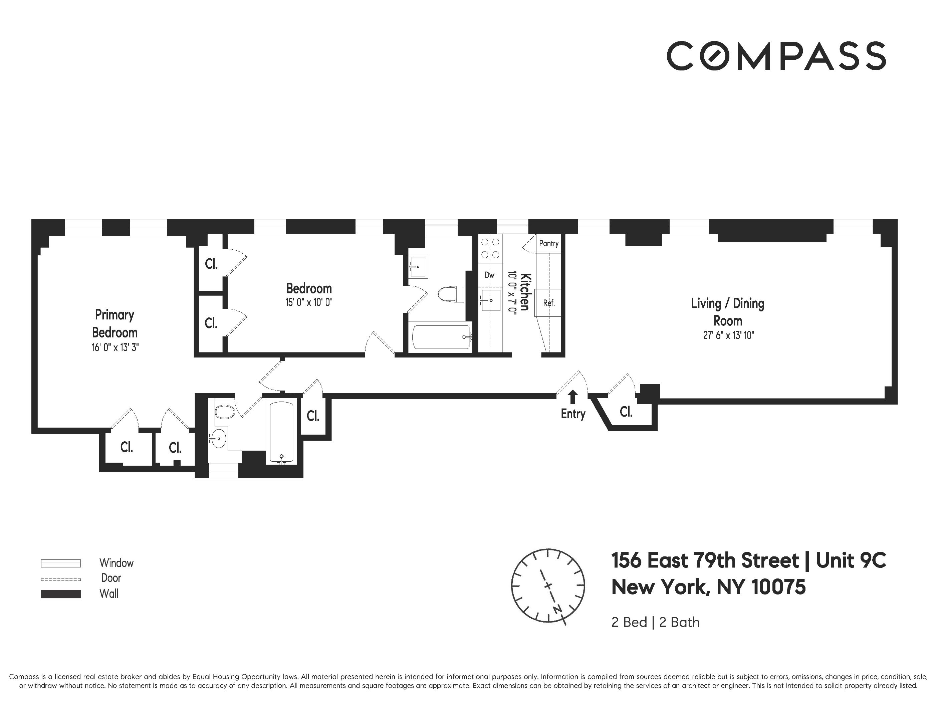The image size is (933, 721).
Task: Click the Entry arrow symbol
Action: [x=572, y=397]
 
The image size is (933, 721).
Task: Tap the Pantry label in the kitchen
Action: [x=548, y=243]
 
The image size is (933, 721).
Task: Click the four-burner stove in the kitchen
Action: [x=490, y=249]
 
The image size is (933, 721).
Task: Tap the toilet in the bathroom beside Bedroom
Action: [x=451, y=294]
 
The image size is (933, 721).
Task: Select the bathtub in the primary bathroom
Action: [x=281, y=431]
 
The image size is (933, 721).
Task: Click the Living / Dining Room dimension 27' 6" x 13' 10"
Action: [x=728, y=336]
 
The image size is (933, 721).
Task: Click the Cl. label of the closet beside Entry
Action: [x=626, y=412]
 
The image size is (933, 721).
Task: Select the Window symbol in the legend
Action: [x=61, y=563]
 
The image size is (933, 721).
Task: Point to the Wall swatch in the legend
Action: [x=61, y=594]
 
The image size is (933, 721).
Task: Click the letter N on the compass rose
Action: [x=557, y=609]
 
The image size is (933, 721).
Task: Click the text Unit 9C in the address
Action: [x=851, y=561]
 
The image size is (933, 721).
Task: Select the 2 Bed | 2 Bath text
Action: [x=655, y=622]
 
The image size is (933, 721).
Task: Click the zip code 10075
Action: [x=778, y=587]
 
